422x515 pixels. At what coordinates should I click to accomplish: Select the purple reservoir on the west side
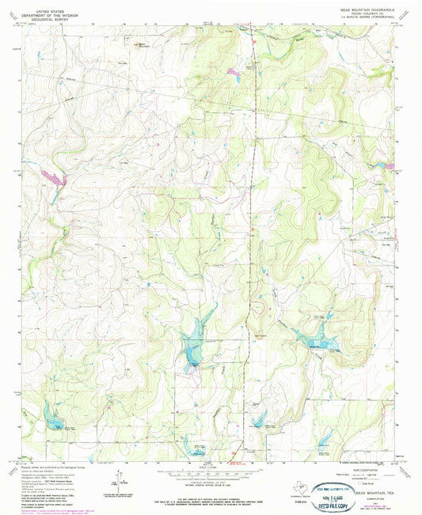coord(54,176)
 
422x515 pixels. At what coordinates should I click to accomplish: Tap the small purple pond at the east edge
coord(390,165)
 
